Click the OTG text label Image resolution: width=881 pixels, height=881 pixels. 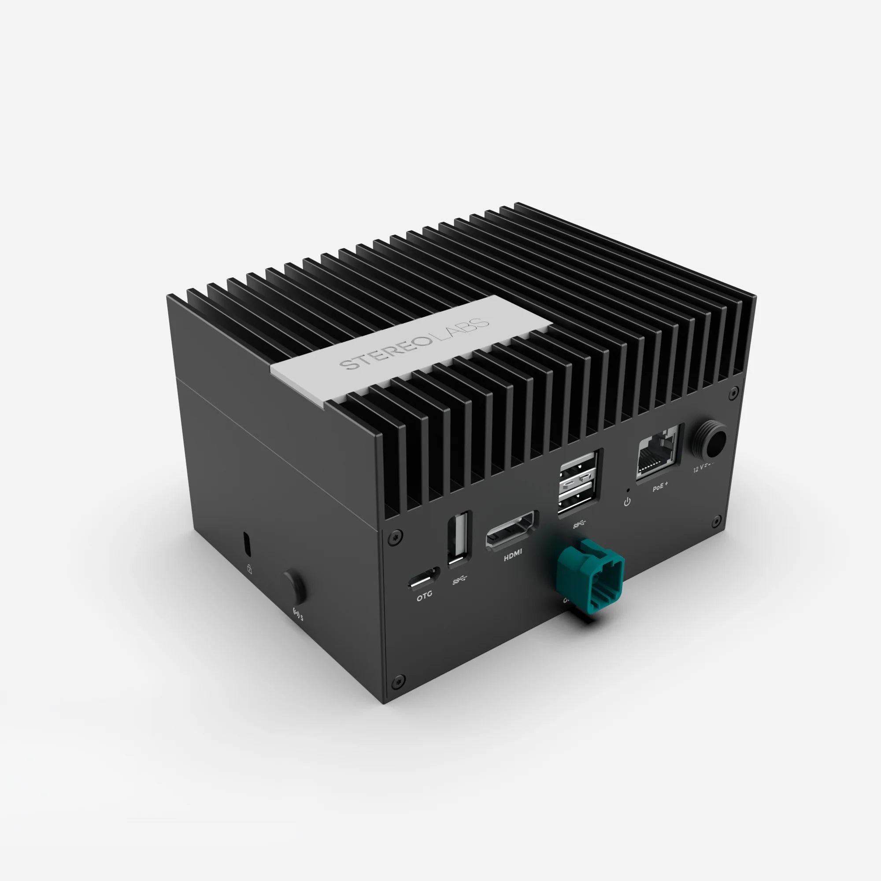pyautogui.click(x=424, y=595)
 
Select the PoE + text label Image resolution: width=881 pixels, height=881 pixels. pyautogui.click(x=660, y=489)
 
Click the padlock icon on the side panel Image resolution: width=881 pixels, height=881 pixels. pyautogui.click(x=249, y=569)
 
